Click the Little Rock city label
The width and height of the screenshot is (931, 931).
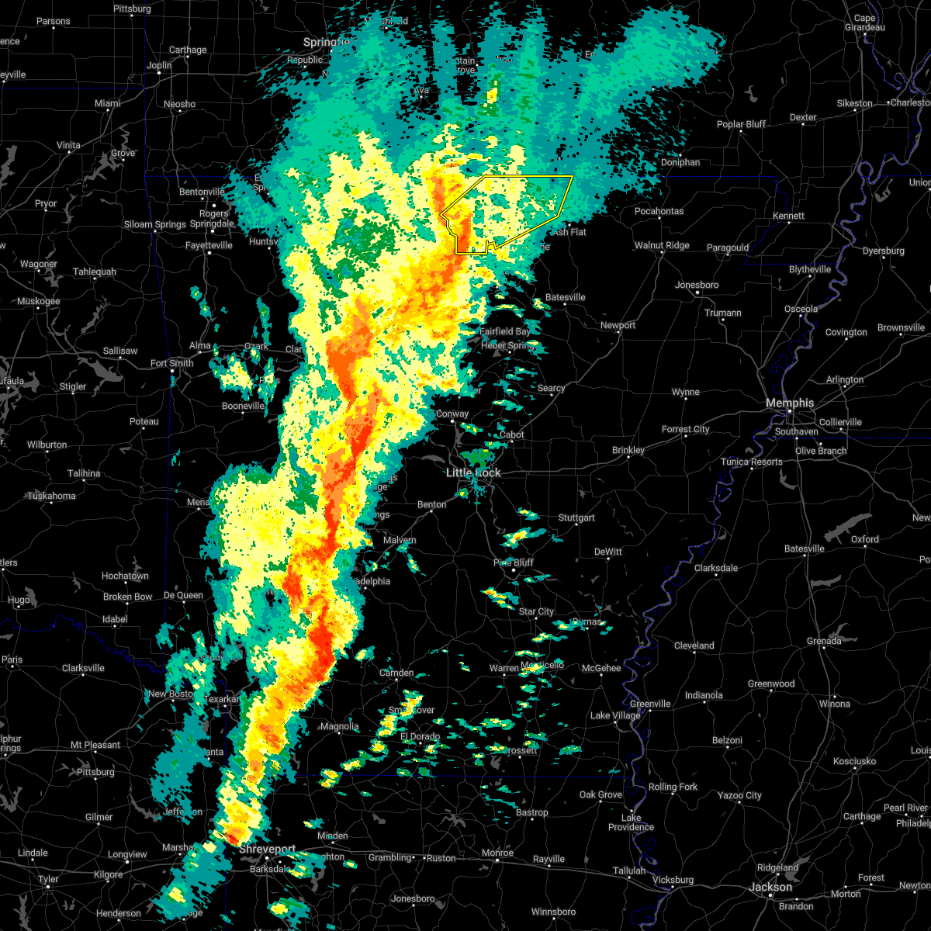pos(473,472)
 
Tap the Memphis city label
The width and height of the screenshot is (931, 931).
pos(790,403)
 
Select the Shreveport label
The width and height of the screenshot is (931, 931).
pos(266,850)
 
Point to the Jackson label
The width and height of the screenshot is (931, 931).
pos(771,887)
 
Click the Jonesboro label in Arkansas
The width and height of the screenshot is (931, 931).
pos(697,285)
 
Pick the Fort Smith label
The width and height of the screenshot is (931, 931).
pos(171,363)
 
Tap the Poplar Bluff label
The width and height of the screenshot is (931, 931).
pos(741,124)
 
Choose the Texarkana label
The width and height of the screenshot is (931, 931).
pos(223,699)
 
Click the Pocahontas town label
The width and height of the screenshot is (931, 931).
pos(659,211)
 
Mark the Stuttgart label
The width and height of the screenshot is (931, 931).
pos(576,517)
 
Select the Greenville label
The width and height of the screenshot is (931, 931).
pos(650,704)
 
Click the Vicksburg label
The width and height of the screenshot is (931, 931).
pos(673,880)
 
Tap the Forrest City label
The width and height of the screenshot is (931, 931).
pos(685,429)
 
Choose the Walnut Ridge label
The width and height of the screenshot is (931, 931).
pos(662,245)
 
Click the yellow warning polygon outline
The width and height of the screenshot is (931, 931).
pos(528,177)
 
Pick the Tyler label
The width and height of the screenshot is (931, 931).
pos(48,879)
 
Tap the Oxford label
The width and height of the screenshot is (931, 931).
pos(865,539)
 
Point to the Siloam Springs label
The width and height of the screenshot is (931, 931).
pos(155,224)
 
